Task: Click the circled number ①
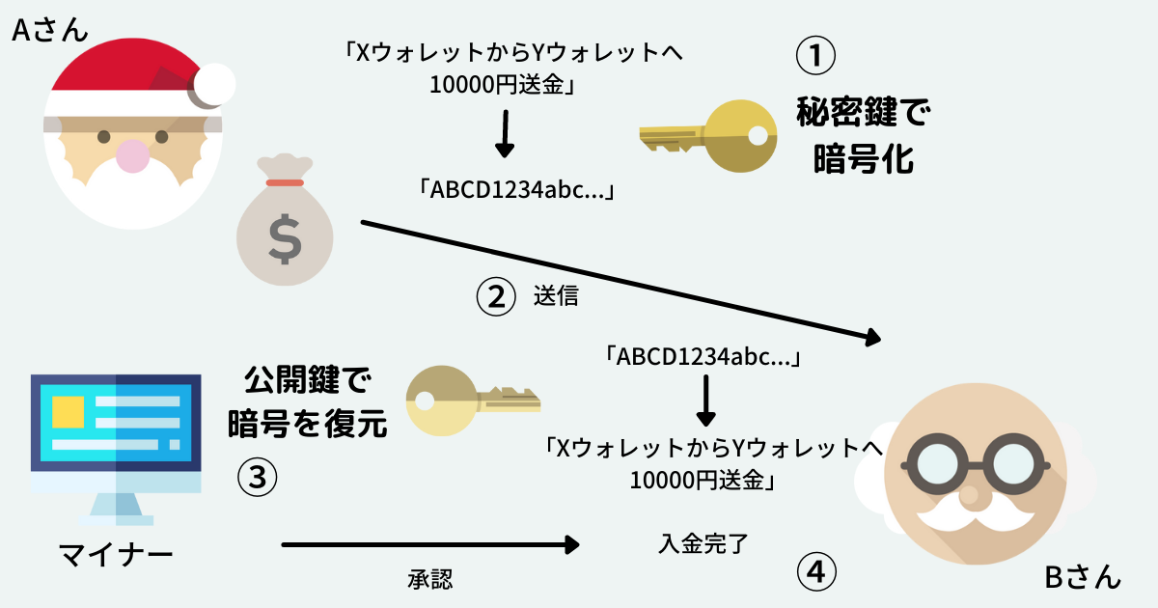813,56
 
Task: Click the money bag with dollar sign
284,233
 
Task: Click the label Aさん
49,30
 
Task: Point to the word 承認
430,579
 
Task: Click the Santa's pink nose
132,153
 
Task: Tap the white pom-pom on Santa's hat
211,85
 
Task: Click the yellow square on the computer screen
68,411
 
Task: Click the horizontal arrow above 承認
429,545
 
